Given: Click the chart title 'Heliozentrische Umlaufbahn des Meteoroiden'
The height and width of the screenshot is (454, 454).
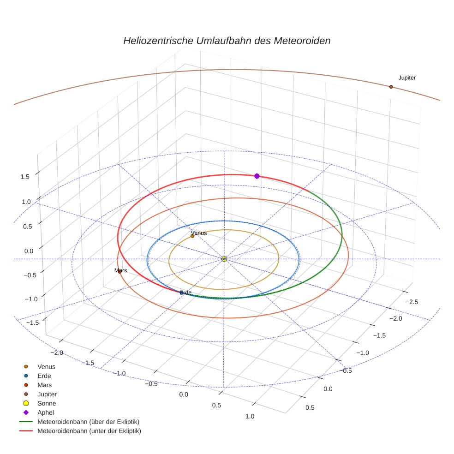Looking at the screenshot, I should coord(227,41).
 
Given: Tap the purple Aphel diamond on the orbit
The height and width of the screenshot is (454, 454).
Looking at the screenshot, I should coord(257,176).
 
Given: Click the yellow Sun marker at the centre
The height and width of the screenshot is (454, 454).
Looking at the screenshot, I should coord(224,259).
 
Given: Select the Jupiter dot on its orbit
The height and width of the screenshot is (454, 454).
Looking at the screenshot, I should coord(391,87).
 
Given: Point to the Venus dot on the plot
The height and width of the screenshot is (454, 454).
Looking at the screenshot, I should coord(192,236).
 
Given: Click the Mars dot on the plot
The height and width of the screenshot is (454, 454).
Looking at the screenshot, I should coord(119,272).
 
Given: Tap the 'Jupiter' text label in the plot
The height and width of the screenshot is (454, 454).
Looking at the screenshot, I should coord(406,78).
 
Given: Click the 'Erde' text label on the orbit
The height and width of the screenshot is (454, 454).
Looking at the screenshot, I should coord(185,293).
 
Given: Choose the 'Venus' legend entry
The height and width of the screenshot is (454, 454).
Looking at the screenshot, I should coord(46,367).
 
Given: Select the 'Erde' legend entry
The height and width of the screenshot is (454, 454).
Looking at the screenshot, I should coord(44,376).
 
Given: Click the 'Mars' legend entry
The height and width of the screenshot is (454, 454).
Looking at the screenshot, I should coord(44,385).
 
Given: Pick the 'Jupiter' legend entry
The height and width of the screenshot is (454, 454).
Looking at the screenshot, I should coord(47,394).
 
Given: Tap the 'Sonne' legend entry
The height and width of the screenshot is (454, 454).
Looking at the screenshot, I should coord(47,404).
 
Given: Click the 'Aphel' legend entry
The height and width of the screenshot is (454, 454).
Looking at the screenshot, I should coord(45,412).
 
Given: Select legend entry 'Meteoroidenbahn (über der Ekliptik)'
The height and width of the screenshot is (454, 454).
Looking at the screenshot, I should coord(88,422).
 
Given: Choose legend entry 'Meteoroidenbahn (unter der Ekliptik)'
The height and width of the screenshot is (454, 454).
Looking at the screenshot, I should coord(89,431).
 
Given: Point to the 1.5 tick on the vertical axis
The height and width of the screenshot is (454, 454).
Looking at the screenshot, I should coord(25,177).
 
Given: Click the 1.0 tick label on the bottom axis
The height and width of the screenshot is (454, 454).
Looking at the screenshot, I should coord(250,416).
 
